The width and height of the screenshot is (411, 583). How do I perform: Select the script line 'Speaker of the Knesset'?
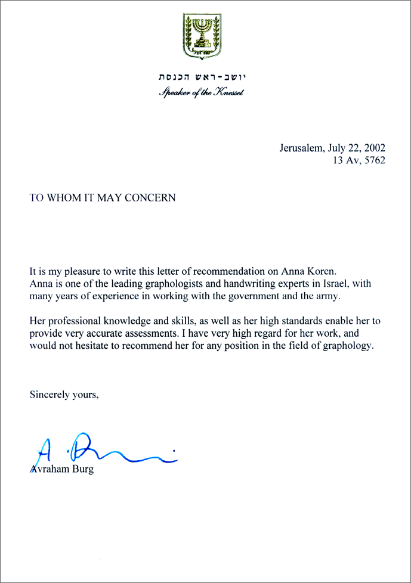(202, 92)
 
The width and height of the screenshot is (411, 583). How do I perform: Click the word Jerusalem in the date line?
(299, 148)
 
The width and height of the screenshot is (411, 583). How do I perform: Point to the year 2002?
(373, 148)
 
